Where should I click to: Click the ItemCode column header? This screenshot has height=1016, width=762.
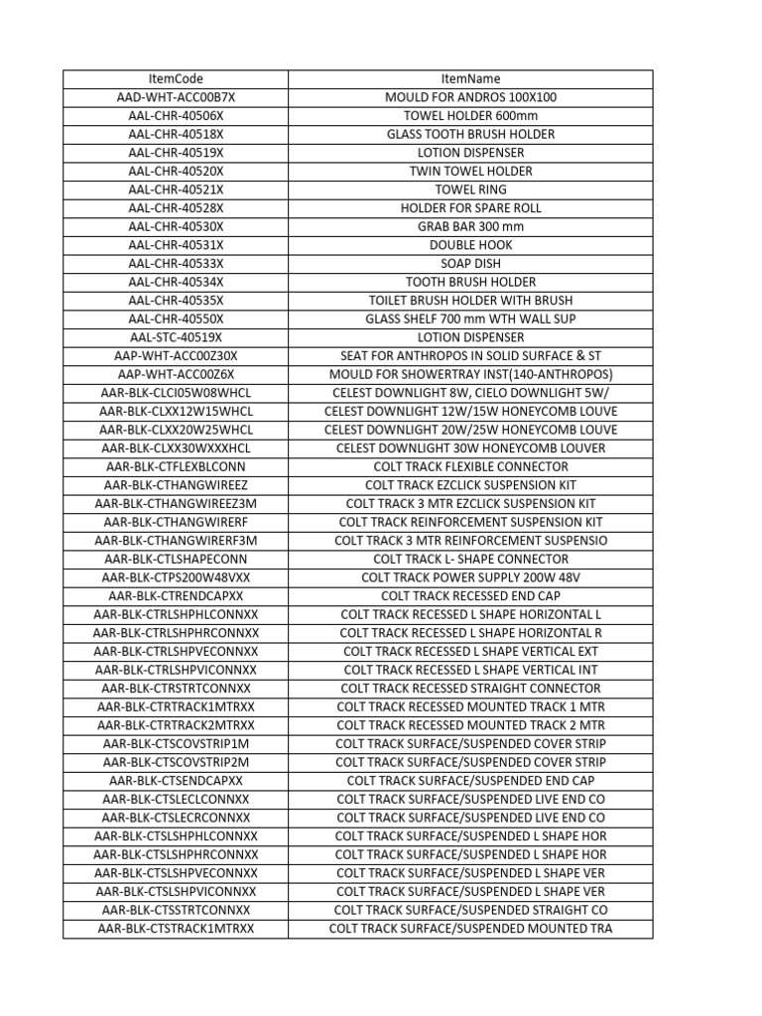(176, 78)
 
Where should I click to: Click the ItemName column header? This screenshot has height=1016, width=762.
(470, 78)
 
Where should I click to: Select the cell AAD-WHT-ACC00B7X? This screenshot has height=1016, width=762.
(176, 97)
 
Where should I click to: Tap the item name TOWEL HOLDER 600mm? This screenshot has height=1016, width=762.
(470, 115)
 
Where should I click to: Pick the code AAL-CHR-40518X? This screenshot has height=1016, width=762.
(176, 134)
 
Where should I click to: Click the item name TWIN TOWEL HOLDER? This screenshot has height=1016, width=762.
(470, 171)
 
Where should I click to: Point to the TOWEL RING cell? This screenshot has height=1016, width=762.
(470, 190)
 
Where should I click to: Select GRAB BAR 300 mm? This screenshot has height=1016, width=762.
(470, 226)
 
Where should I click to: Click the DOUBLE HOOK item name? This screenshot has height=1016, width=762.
(470, 245)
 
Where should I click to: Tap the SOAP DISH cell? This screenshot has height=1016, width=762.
(470, 263)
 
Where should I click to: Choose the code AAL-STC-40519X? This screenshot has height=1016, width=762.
(176, 337)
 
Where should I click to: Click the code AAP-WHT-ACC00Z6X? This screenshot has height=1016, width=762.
(176, 374)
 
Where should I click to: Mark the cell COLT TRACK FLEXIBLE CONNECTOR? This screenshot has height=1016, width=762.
(470, 466)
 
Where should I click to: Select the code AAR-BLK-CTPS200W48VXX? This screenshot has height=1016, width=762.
(176, 576)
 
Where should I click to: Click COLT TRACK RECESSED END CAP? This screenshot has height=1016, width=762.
(470, 595)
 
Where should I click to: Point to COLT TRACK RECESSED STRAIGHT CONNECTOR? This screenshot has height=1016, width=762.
(470, 688)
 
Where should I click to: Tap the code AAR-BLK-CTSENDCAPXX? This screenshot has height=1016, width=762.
(176, 781)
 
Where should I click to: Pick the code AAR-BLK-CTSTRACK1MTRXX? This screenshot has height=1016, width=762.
(176, 929)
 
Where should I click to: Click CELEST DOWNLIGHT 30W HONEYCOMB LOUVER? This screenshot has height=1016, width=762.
(470, 447)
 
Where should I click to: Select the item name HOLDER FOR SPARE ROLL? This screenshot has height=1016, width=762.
(470, 208)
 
